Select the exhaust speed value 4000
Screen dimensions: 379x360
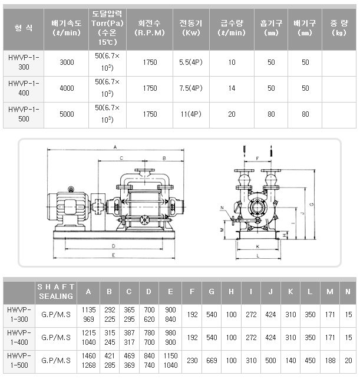[x=67, y=88]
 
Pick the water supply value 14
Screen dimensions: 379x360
[x=232, y=88]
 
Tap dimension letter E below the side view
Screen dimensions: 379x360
[x=113, y=256]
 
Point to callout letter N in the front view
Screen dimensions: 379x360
[x=223, y=208]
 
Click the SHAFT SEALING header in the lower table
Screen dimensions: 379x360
[x=56, y=291]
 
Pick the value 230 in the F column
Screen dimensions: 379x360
[x=192, y=360]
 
